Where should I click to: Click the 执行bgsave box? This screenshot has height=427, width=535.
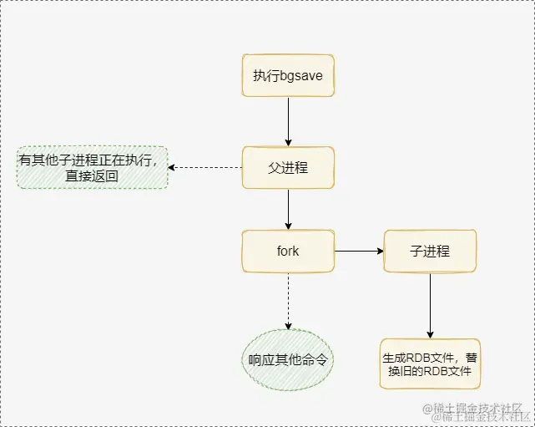[288, 76]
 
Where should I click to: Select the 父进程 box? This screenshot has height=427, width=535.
[288, 167]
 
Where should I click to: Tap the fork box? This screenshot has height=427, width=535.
[288, 251]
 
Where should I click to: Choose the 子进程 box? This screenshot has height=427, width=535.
[430, 251]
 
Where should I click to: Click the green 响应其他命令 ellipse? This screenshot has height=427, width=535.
[288, 361]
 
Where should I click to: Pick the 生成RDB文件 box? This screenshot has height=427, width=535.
[431, 363]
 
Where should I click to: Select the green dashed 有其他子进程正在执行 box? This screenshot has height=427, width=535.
[93, 167]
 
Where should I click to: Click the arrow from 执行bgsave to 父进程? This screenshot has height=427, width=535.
[288, 121]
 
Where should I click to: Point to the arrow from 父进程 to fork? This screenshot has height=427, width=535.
[288, 209]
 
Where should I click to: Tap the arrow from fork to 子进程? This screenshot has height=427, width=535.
[359, 251]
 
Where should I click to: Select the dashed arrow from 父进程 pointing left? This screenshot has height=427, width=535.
[205, 167]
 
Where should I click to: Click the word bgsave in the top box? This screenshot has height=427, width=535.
[303, 76]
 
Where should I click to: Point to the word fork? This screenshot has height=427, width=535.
[288, 251]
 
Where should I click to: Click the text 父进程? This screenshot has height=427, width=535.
[288, 167]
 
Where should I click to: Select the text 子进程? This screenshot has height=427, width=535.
[430, 251]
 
